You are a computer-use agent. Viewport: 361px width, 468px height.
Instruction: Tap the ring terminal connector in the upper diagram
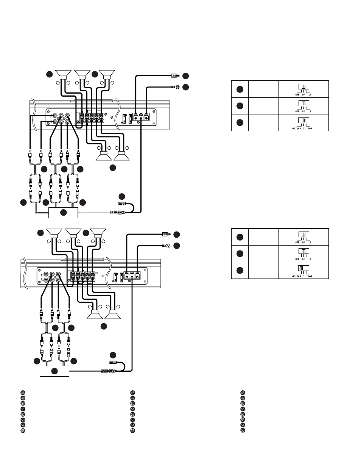(x=175, y=87)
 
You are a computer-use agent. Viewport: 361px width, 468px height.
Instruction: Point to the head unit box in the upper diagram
(x=63, y=213)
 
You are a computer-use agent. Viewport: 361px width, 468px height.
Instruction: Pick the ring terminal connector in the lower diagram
(x=166, y=245)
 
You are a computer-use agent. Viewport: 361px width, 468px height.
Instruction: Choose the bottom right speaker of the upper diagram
(x=122, y=155)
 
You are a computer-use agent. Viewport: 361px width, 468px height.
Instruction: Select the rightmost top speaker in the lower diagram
(x=98, y=233)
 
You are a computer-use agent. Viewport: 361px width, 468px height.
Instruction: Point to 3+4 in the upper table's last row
(x=310, y=128)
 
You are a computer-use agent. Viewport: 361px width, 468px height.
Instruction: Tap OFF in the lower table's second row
(x=297, y=259)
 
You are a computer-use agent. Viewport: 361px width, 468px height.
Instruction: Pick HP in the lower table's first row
(x=303, y=242)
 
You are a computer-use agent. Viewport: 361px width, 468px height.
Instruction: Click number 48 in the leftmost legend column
(x=23, y=393)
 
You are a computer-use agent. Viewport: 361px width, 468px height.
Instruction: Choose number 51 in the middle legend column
(x=133, y=409)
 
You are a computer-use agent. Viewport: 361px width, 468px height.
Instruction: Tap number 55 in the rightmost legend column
(x=243, y=430)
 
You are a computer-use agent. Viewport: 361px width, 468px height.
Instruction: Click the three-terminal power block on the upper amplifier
(x=141, y=117)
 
